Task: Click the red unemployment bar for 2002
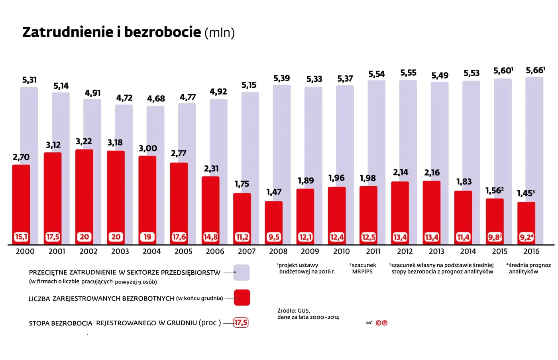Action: pyautogui.click(x=84, y=191)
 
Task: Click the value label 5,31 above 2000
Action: pyautogui.click(x=29, y=80)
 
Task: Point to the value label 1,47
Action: pyautogui.click(x=274, y=192)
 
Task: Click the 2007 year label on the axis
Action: pyautogui.click(x=247, y=252)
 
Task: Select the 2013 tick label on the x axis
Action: pyautogui.click(x=436, y=252)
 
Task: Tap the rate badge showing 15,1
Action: pyautogui.click(x=21, y=237)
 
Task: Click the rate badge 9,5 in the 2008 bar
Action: pyautogui.click(x=274, y=237)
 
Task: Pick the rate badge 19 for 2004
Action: pyautogui.click(x=147, y=237)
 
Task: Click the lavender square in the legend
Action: pyautogui.click(x=242, y=273)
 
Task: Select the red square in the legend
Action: pyautogui.click(x=242, y=298)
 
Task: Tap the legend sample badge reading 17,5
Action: pyautogui.click(x=241, y=323)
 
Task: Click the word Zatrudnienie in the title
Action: pyautogui.click(x=68, y=32)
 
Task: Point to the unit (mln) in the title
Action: pyautogui.click(x=220, y=33)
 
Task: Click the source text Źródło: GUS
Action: pyautogui.click(x=294, y=311)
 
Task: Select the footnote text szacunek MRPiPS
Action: pyautogui.click(x=363, y=268)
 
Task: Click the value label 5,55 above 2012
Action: pyautogui.click(x=408, y=73)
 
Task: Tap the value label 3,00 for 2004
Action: pyautogui.click(x=148, y=148)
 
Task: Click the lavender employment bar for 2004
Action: pyautogui.click(x=155, y=128)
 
